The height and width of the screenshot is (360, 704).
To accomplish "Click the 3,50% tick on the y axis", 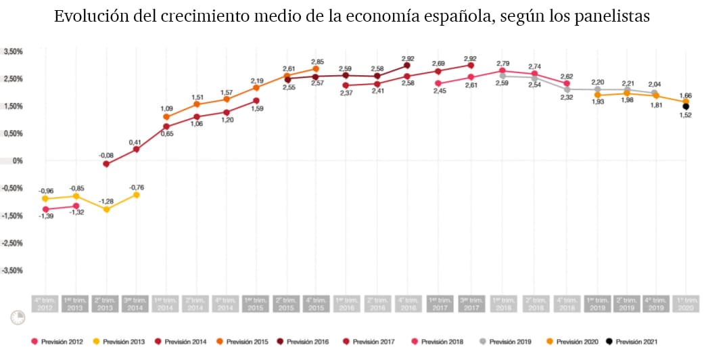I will [x=14, y=51].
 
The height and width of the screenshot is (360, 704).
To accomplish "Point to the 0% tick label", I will [x=18, y=160].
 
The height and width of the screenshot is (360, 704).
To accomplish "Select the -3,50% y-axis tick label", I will [x=12, y=270].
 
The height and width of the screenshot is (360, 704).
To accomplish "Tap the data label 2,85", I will [x=317, y=62].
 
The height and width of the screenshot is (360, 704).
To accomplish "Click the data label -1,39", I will [x=46, y=215].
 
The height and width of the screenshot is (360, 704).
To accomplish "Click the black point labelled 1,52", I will [x=686, y=106].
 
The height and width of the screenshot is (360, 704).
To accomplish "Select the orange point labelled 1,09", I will [x=166, y=117].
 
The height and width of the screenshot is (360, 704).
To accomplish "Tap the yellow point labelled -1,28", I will [x=106, y=210].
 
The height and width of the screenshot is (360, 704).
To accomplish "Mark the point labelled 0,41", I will [x=136, y=149].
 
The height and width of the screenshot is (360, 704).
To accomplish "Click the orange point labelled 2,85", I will [x=316, y=69].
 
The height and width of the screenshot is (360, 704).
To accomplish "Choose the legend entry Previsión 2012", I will [x=57, y=342].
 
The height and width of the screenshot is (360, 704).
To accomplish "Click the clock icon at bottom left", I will [x=18, y=317].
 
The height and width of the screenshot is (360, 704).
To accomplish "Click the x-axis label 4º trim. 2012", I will [x=45, y=303].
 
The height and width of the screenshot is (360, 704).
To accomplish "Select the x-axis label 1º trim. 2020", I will [x=686, y=303].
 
